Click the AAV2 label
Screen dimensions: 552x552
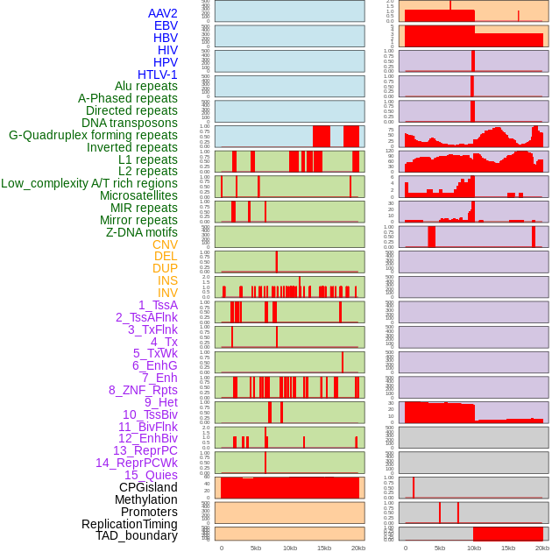[x=163, y=13]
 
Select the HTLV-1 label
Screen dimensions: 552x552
[x=158, y=74]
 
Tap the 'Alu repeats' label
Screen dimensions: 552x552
[x=146, y=86]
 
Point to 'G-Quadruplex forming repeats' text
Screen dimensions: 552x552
[x=93, y=135]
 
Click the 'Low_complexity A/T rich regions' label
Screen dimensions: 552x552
[x=89, y=183]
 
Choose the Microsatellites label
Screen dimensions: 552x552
[x=138, y=195]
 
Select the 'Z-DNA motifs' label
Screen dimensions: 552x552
[x=142, y=232]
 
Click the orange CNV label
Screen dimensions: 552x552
[x=165, y=244]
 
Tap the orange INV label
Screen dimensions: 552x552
[x=167, y=293]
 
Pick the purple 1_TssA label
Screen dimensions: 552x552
[x=158, y=305]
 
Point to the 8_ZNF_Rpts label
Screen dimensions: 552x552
[x=143, y=390]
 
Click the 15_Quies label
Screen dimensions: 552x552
[x=150, y=475]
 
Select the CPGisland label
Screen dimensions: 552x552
[x=148, y=487]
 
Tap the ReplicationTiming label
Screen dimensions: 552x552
[x=130, y=524]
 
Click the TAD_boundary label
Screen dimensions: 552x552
[x=137, y=535]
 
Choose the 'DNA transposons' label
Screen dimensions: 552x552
[x=130, y=123]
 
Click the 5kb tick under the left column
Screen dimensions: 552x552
[x=256, y=548]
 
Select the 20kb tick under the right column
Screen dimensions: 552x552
[x=542, y=548]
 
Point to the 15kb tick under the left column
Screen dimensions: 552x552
[x=324, y=548]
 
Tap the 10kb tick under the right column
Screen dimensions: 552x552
[x=474, y=548]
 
